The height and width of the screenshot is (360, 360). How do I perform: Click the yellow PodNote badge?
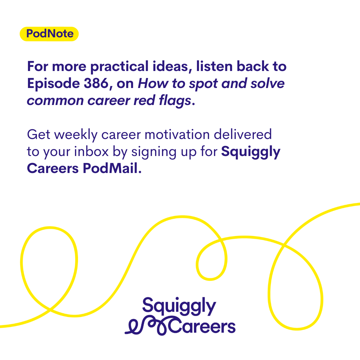(49, 34)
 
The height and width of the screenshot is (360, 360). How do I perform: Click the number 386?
(96, 83)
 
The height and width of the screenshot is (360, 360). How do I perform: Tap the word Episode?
(53, 84)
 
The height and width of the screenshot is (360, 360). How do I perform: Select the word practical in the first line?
(119, 67)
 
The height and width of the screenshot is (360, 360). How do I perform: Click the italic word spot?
(203, 84)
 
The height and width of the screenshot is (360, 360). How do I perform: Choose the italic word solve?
(267, 83)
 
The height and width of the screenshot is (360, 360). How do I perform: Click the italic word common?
(55, 101)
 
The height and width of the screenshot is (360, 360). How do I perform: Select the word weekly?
(76, 135)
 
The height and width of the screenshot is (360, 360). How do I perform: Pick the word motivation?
(177, 134)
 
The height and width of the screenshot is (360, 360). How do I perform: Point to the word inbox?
(91, 151)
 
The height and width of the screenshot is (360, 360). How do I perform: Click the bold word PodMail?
(112, 168)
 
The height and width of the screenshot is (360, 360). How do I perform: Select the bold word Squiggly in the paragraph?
(251, 152)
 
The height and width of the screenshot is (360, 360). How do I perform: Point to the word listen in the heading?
(214, 67)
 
